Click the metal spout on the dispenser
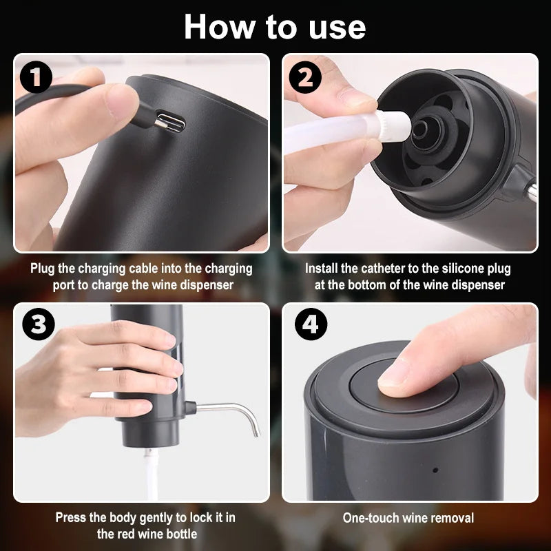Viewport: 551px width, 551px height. pos(234,413)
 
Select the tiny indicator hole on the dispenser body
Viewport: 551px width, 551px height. pos(435,471)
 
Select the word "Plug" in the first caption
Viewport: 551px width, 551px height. pos(43,269)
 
